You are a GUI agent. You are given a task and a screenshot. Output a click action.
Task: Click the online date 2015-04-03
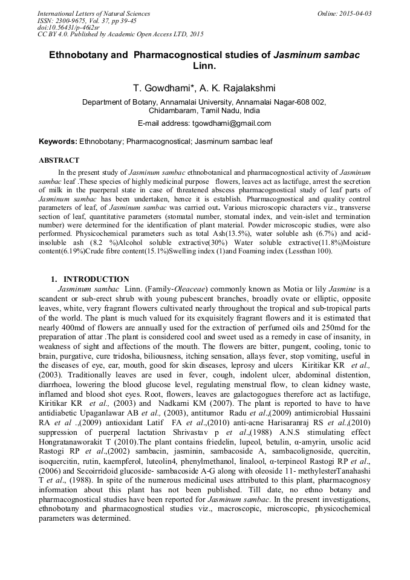354,13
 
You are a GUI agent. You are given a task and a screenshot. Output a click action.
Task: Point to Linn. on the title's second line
204,65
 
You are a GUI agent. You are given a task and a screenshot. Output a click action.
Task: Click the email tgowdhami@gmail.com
232,123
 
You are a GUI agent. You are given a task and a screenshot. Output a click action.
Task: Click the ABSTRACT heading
59,160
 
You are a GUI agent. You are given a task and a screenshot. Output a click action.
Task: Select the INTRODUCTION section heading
96,279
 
